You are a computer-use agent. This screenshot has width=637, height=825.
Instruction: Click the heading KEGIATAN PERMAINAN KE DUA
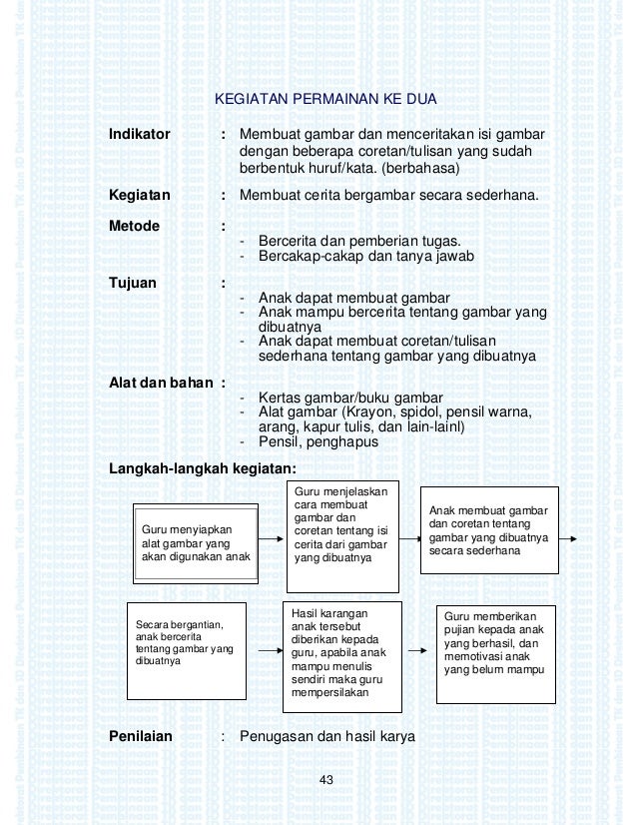(x=326, y=101)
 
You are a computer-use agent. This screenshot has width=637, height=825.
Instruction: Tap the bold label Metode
(x=135, y=226)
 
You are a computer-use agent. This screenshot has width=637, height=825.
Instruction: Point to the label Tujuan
(x=133, y=283)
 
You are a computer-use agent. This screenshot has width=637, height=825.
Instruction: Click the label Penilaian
(x=141, y=737)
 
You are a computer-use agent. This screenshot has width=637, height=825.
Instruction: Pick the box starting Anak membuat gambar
(x=488, y=529)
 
